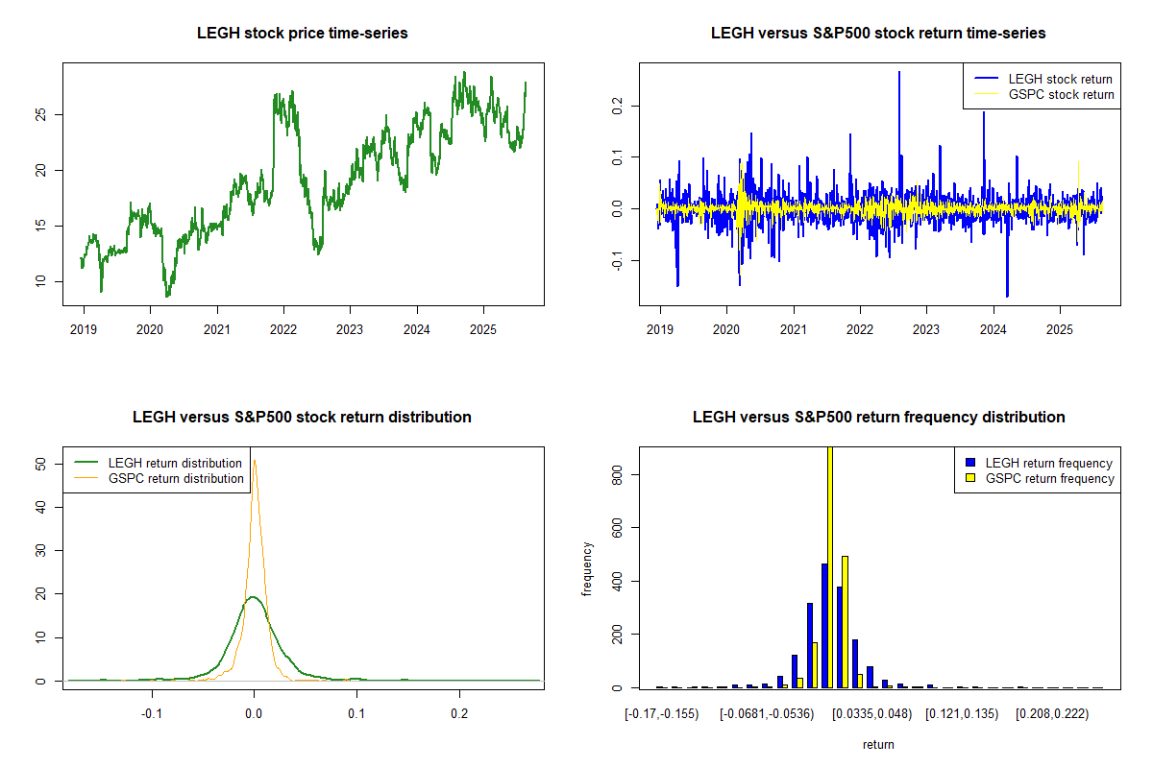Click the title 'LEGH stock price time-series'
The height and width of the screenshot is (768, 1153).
pyautogui.click(x=303, y=34)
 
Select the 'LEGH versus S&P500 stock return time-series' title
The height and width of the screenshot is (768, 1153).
pyautogui.click(x=878, y=34)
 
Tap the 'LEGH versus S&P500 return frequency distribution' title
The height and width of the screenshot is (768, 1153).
pyautogui.click(x=878, y=418)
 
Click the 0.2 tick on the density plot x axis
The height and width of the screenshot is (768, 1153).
pyautogui.click(x=459, y=714)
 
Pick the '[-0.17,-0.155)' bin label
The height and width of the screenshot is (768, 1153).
pyautogui.click(x=662, y=714)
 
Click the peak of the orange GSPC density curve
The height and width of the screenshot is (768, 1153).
pyautogui.click(x=255, y=461)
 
